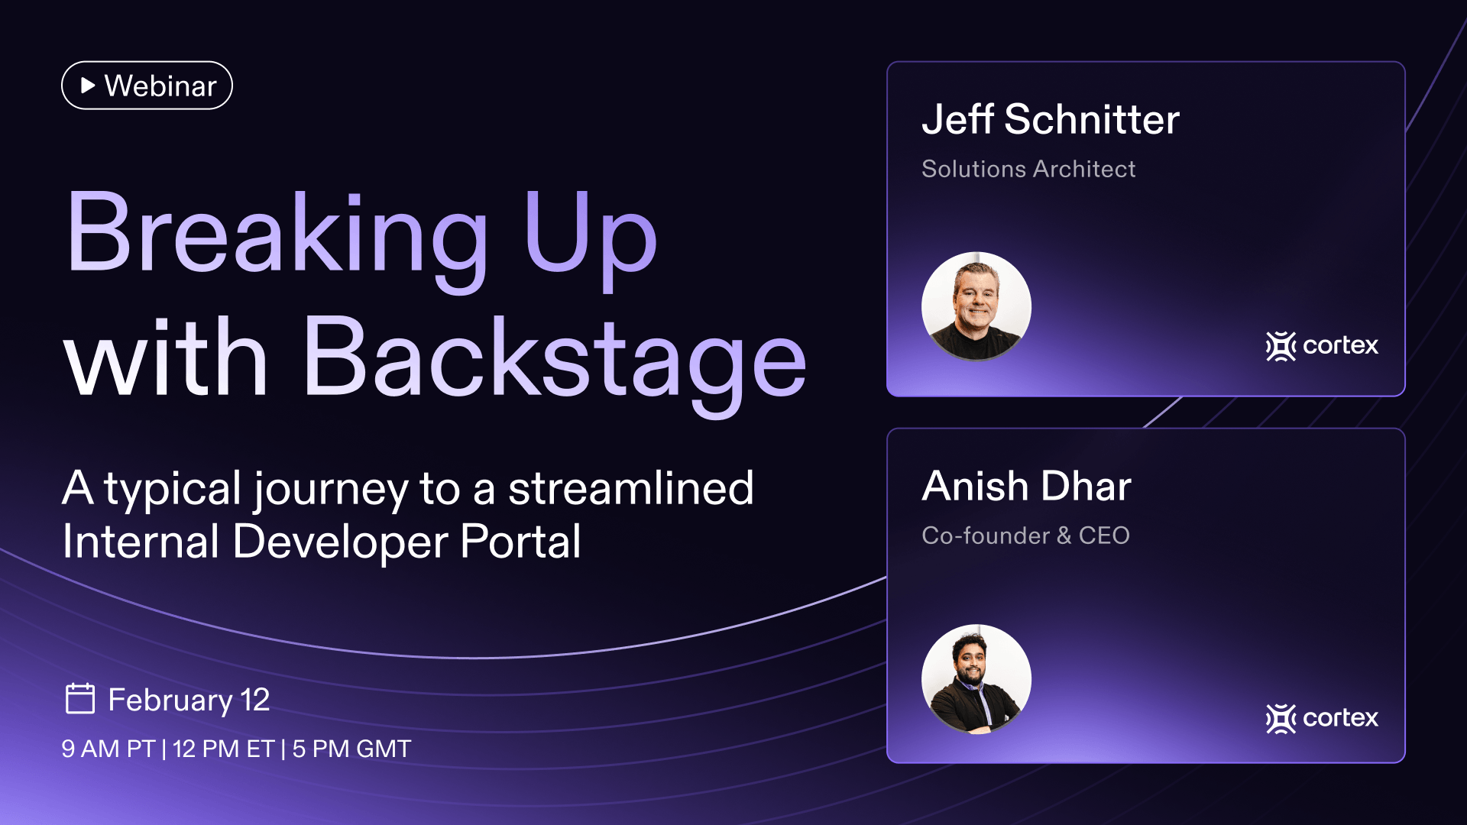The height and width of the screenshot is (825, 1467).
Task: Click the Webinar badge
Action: click(x=147, y=86)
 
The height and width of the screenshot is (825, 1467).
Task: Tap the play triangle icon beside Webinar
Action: click(x=88, y=86)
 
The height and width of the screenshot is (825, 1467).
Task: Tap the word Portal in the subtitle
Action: click(x=520, y=542)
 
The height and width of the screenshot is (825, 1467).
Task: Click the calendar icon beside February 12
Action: click(x=80, y=698)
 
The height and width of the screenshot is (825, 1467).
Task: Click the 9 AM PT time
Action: click(x=108, y=749)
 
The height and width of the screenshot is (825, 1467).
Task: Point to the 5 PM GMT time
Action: click(x=352, y=749)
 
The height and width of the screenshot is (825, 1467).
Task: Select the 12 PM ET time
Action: click(x=224, y=749)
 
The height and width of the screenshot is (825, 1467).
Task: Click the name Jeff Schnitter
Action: click(x=1051, y=119)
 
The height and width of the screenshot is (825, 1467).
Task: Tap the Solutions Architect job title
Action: click(x=1028, y=169)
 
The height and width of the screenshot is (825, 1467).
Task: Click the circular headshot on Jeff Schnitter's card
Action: click(x=976, y=306)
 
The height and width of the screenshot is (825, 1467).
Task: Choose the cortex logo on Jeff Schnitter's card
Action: click(x=1322, y=346)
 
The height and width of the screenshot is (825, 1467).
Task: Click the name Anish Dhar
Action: click(x=1026, y=487)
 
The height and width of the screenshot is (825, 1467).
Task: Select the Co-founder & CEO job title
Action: click(x=1025, y=535)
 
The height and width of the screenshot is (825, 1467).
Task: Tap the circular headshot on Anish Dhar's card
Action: click(x=976, y=679)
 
